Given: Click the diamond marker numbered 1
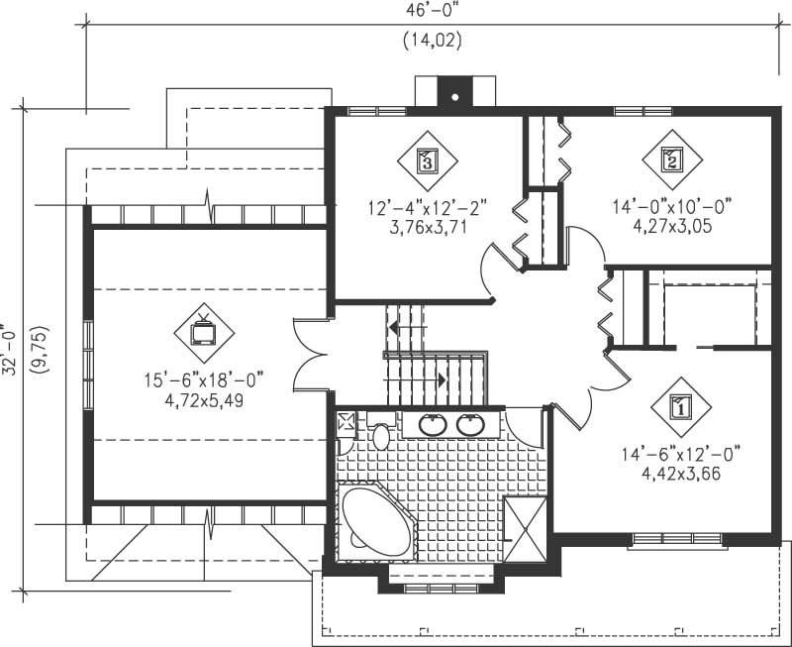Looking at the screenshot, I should (681, 406).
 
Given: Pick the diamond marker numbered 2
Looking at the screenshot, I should (672, 159).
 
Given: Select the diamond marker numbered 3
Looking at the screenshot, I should (427, 160).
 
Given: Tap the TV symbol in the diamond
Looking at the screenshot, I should (204, 332).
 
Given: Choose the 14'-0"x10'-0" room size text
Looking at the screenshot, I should (672, 208).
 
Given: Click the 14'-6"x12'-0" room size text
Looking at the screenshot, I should (681, 455).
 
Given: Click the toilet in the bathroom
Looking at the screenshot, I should (381, 435).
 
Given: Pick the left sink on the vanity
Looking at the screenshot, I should (433, 425).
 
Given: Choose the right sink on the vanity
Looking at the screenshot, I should (470, 425).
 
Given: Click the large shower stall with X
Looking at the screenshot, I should (525, 528).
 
